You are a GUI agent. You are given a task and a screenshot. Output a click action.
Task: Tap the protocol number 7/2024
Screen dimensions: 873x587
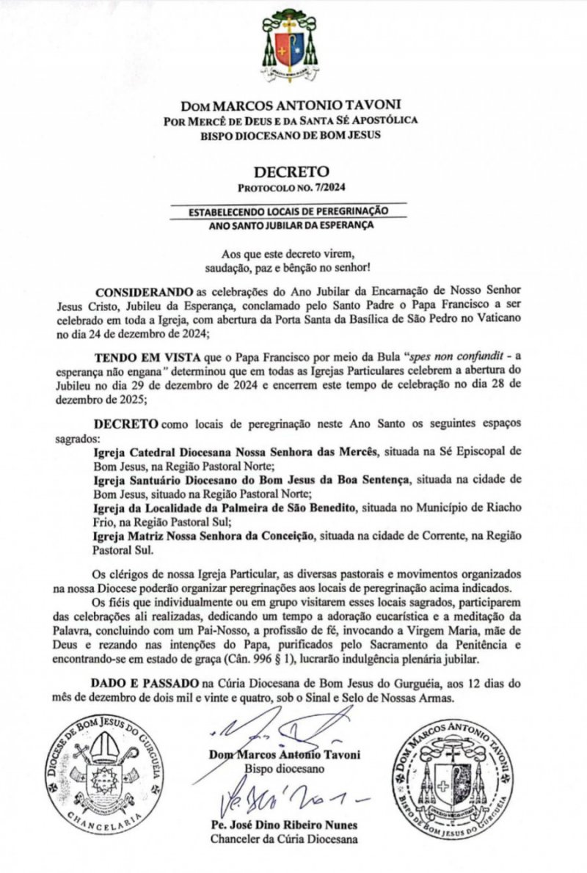click(315, 189)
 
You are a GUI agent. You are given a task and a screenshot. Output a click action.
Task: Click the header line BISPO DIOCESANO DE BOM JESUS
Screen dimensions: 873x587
click(293, 134)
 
